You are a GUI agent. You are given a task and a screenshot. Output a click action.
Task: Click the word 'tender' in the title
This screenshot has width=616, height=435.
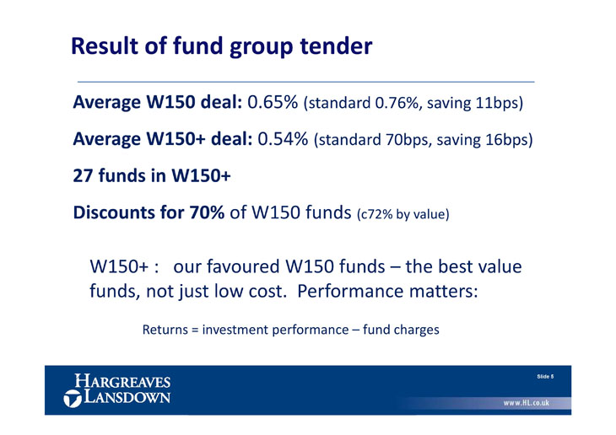click(336, 46)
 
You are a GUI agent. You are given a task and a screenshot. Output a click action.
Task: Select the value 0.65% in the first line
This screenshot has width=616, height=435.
click(273, 102)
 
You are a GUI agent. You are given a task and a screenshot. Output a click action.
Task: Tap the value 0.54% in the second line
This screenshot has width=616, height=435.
click(283, 139)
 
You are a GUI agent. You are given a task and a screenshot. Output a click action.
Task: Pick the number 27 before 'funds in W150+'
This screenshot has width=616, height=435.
click(84, 175)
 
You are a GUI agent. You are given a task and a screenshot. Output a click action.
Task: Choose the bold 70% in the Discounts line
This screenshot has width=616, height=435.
click(207, 212)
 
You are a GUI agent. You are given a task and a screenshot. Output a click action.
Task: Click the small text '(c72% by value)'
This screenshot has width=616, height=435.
click(403, 214)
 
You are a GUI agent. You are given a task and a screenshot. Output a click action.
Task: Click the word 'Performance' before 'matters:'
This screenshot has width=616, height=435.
click(350, 292)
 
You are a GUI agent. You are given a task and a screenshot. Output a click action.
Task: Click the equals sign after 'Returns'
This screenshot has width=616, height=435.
click(195, 330)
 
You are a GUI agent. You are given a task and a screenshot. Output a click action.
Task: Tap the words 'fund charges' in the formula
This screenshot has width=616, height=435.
click(401, 330)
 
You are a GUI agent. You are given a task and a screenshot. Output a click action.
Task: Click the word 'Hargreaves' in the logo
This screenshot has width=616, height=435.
click(122, 381)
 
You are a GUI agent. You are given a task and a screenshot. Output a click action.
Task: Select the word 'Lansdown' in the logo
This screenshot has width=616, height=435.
click(127, 397)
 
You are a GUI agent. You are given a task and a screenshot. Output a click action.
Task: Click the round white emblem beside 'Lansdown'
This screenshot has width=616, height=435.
click(73, 399)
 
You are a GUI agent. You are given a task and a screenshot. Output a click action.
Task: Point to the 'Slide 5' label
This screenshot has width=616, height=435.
click(545, 377)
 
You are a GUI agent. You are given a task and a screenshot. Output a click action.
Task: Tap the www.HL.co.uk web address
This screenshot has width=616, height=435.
click(526, 403)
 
